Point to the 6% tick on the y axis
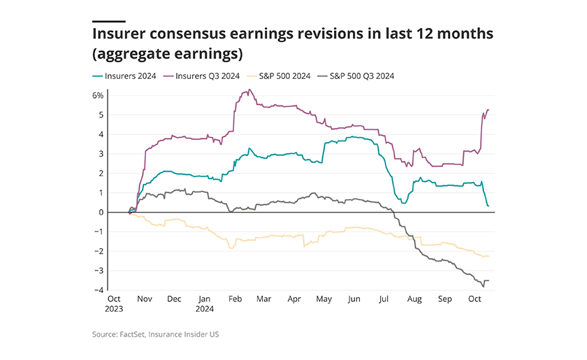tap(98, 95)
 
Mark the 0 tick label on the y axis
tap(101, 213)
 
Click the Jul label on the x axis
tap(384, 298)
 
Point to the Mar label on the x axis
tap(263, 298)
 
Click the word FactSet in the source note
tap(129, 335)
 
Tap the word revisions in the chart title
tap(280, 33)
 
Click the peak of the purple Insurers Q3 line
tap(249, 90)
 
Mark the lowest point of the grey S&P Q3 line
tap(483, 286)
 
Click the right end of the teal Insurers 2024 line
tap(488, 206)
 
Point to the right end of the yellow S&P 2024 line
tap(488, 256)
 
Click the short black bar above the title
tap(108, 20)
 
